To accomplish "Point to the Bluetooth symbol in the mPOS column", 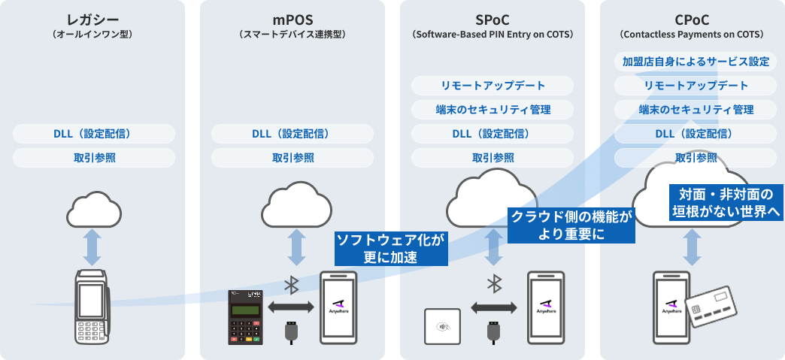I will [292, 285].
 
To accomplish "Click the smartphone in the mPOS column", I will [340, 307].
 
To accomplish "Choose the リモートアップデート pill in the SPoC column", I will [493, 86].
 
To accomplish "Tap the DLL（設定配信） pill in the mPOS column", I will [292, 134].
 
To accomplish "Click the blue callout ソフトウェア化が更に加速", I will [390, 249].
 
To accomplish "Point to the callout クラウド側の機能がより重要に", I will [571, 225].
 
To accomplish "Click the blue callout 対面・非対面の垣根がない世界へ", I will [726, 203].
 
